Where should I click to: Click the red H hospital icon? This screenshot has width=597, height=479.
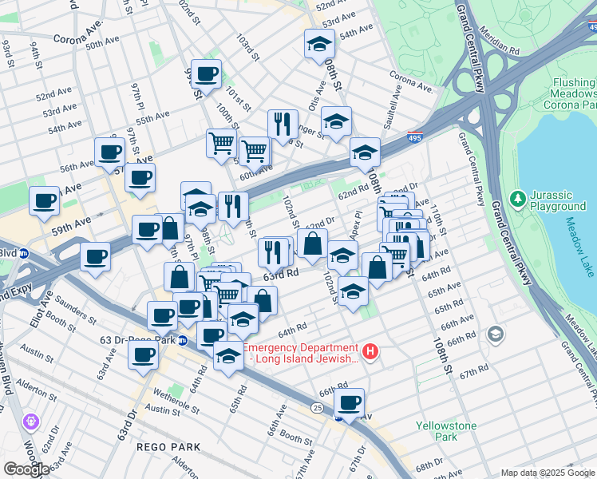(x=370, y=350)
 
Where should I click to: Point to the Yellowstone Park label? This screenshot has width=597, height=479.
(x=446, y=431)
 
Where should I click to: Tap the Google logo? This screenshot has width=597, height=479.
(x=26, y=469)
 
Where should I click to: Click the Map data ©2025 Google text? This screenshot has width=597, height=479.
(x=547, y=473)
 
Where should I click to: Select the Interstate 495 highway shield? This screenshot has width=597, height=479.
(x=414, y=137)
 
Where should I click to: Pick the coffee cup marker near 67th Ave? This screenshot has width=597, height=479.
(x=349, y=402)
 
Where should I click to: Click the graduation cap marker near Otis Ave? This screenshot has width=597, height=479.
(x=336, y=121)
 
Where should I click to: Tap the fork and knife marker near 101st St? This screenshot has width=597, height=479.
(x=283, y=124)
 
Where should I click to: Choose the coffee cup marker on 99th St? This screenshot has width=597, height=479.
(x=207, y=74)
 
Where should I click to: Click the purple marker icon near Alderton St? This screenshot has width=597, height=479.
(x=31, y=420)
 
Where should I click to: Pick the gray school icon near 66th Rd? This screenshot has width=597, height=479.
(x=495, y=333)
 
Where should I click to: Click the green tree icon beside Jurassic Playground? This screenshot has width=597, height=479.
(x=517, y=196)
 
